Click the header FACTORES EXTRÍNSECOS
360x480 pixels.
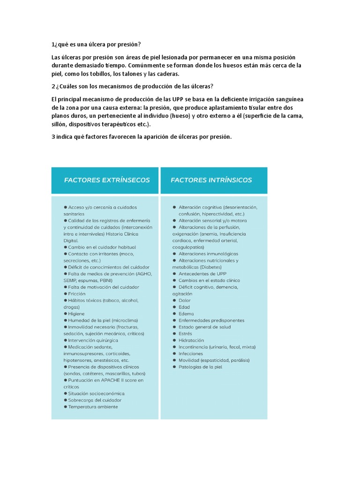point(107,180)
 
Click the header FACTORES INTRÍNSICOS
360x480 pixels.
point(211,180)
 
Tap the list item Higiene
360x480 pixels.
point(76,314)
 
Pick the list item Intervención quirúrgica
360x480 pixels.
point(93,340)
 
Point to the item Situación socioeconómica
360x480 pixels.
point(96,393)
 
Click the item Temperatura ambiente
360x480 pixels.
point(93,407)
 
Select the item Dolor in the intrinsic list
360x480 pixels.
point(185,300)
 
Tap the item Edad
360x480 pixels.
point(184,307)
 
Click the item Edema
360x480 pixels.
point(186,314)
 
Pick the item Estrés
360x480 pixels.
point(185,334)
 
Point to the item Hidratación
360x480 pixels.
point(191,340)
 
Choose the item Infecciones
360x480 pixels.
point(191,354)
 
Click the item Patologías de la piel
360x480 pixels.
point(200,367)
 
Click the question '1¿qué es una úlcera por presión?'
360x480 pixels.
point(96,45)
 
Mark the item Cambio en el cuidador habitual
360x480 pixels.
point(102,247)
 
